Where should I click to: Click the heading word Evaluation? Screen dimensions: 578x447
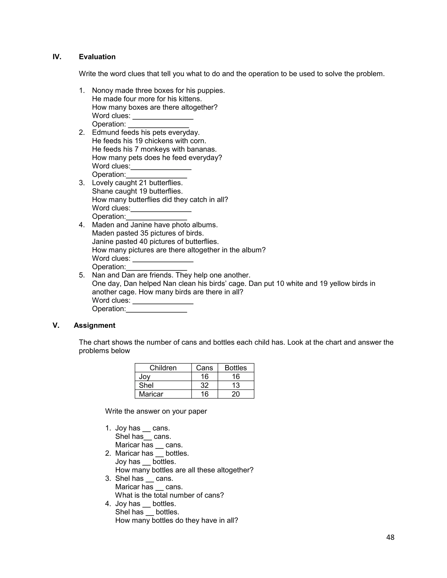(97, 57)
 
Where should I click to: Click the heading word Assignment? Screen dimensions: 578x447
(94, 325)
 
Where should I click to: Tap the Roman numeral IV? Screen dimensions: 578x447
(57, 57)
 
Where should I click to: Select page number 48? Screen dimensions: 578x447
(390, 537)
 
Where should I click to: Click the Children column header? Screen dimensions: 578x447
(163, 368)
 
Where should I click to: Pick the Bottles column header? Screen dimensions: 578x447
(236, 368)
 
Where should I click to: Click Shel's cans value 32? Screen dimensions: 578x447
(205, 385)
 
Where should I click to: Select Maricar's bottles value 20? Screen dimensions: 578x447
(236, 394)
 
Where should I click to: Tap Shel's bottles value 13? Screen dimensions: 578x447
(236, 385)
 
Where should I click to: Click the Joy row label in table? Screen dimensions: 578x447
(144, 377)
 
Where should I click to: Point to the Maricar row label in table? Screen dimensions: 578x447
(151, 394)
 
